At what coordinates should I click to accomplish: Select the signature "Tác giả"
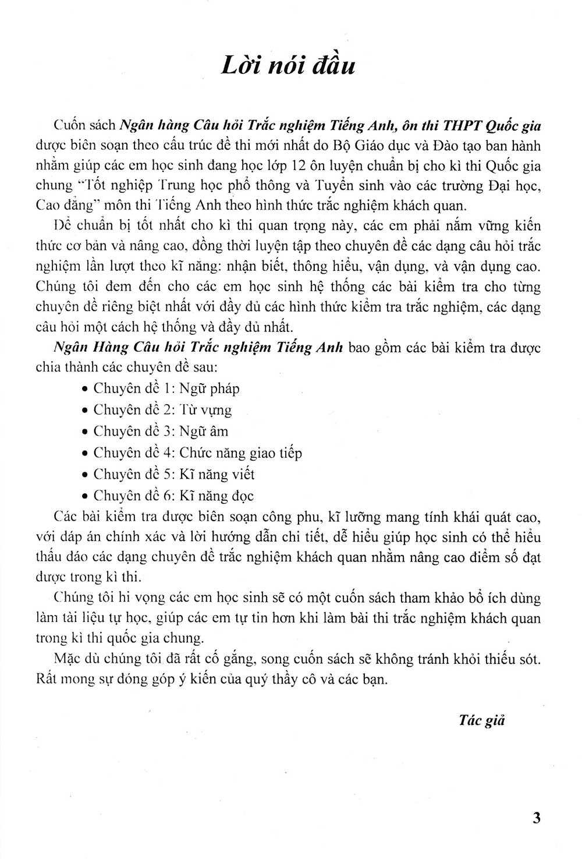click(481, 720)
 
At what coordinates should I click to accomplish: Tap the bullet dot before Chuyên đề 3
click(85, 433)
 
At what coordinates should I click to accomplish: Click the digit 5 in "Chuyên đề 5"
click(166, 475)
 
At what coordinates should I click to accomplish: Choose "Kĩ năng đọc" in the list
click(217, 496)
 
